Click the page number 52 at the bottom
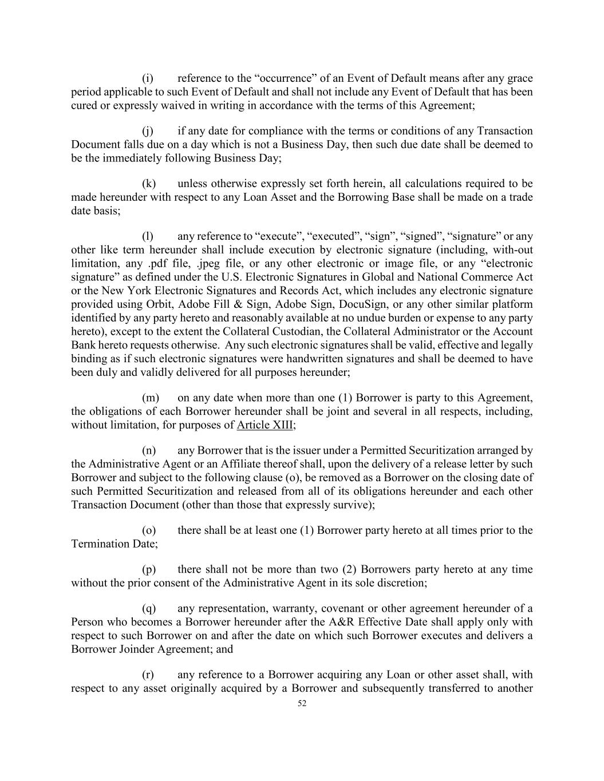[302, 704]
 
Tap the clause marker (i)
[147, 78]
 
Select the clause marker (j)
[147, 131]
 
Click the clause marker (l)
[147, 236]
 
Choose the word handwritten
[305, 359]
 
